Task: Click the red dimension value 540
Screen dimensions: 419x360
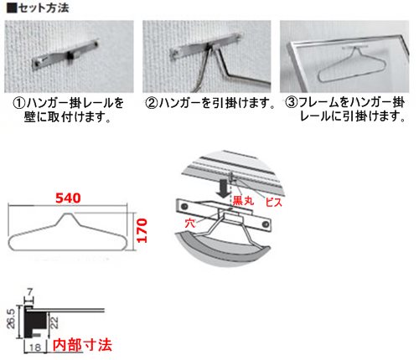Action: click(68, 198)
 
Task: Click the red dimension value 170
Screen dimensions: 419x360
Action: click(142, 230)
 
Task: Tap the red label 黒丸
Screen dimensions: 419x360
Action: click(243, 200)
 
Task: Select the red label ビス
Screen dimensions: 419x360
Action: click(274, 202)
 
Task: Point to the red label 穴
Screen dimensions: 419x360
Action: click(190, 223)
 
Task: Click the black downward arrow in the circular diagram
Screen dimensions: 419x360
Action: click(224, 188)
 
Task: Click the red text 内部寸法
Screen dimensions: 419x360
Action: click(82, 345)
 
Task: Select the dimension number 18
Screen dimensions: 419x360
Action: click(35, 347)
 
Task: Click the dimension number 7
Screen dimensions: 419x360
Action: click(29, 292)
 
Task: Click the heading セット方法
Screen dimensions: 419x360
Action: click(44, 8)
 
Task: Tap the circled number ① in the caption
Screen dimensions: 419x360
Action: click(19, 103)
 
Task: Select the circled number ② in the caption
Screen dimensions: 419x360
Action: click(152, 103)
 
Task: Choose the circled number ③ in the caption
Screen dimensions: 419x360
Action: click(291, 102)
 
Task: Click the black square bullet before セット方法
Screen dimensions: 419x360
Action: click(12, 8)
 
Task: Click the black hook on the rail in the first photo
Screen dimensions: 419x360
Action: click(70, 57)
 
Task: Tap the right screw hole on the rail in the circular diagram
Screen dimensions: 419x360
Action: click(266, 224)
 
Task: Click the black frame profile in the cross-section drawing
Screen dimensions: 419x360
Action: click(36, 321)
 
